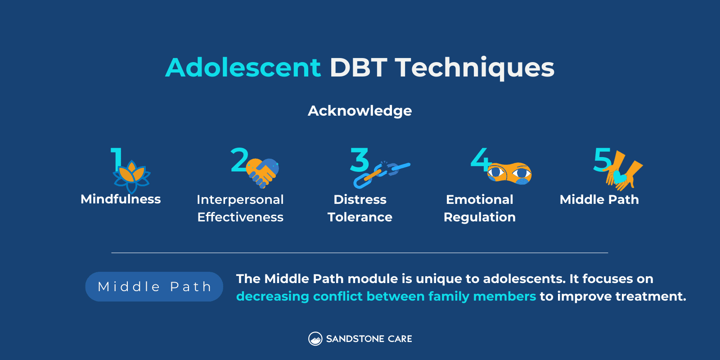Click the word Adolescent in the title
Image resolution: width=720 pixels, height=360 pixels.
pos(243,67)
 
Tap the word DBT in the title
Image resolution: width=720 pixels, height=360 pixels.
pos(358,67)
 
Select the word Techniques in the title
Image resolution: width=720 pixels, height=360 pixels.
pos(475,67)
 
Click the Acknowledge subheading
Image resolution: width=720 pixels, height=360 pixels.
pos(360,111)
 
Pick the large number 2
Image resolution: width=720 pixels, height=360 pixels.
pos(239,160)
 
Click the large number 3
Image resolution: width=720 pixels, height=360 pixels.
pos(360,160)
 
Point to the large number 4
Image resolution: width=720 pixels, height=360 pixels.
pos(480,160)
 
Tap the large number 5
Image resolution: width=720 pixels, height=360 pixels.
pos(602,160)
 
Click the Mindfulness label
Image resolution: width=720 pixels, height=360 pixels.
pos(121,199)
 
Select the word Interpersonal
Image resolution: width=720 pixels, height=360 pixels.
pos(240,199)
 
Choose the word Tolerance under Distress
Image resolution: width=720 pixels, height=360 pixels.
pos(360,217)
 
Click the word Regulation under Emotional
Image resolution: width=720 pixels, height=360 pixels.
pos(480,217)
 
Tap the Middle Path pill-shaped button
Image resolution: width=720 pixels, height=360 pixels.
pos(154,287)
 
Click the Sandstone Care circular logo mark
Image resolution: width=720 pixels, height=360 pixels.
pos(315,339)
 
